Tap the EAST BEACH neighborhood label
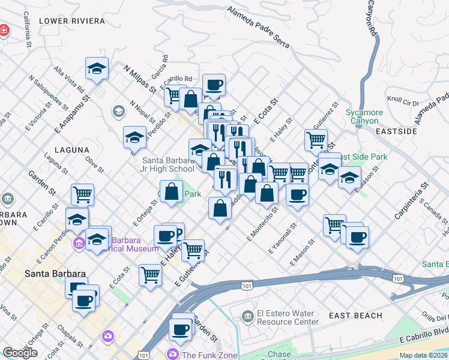(x=355, y=316)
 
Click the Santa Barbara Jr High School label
(x=169, y=164)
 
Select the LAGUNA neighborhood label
(x=71, y=149)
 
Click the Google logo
(x=20, y=353)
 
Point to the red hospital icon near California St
(x=4, y=29)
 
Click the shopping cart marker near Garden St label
(x=82, y=194)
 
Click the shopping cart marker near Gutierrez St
(x=316, y=140)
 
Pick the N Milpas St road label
(x=140, y=79)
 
